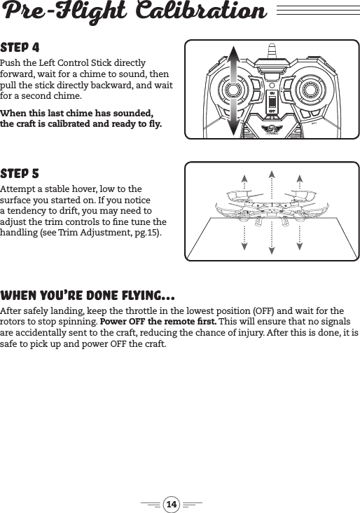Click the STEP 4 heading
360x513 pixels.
[x=20, y=48]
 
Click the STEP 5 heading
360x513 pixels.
[x=20, y=173]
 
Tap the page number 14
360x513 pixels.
[x=172, y=504]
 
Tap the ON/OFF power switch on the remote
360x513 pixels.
[x=272, y=102]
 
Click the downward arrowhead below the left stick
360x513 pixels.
[x=235, y=132]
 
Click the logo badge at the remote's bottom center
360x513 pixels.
[x=272, y=130]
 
